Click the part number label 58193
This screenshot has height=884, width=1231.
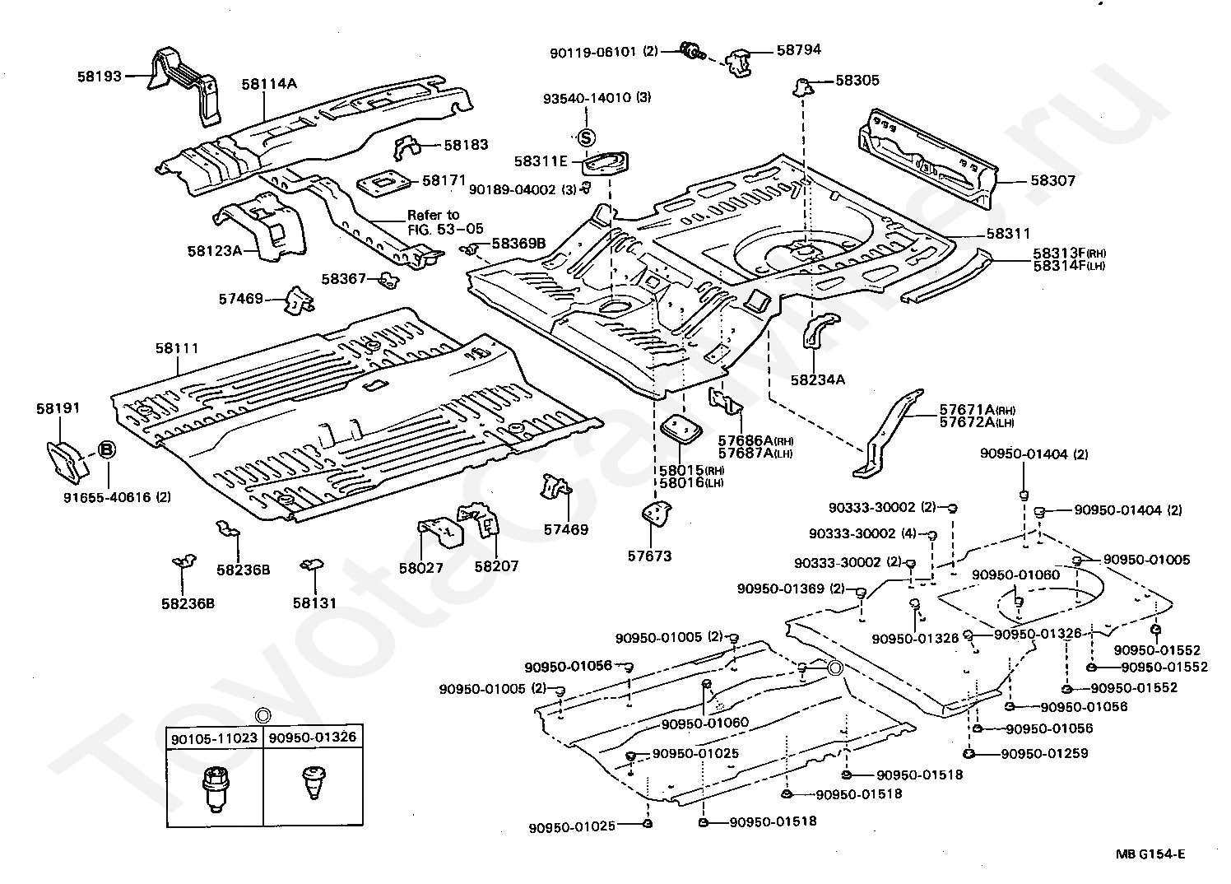tap(99, 76)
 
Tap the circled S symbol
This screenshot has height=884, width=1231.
tap(587, 137)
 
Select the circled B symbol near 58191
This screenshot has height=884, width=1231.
tap(107, 449)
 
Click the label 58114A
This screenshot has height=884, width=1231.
tap(269, 84)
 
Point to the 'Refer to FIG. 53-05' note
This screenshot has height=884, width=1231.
tap(445, 222)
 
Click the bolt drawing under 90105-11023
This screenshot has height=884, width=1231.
tap(216, 789)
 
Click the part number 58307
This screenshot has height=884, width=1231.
tap(1052, 180)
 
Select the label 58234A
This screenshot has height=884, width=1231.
tap(818, 379)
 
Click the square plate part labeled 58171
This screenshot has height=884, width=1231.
tap(383, 181)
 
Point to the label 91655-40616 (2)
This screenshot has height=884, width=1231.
tap(117, 497)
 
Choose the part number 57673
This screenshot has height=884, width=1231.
tap(649, 556)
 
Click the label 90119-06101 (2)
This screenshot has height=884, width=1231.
tap(604, 52)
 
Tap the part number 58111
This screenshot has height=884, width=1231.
tap(176, 348)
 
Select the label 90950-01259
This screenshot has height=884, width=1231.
tap(1044, 753)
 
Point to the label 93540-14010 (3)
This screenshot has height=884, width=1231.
tap(597, 98)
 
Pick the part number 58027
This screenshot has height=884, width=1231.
tap(421, 567)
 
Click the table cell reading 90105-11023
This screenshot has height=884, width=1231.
tap(214, 738)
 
